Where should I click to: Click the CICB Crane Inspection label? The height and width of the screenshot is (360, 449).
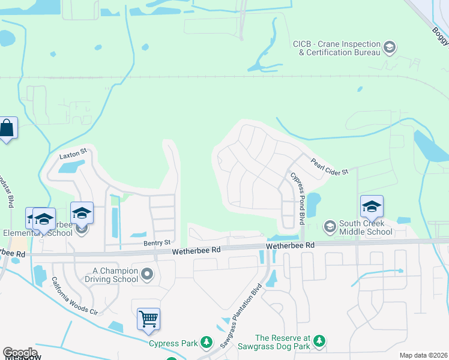click(x=336, y=48)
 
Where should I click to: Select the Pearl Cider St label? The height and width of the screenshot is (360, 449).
click(x=329, y=167)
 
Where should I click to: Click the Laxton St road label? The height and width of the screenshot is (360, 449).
click(x=73, y=155)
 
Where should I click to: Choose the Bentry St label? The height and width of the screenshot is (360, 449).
click(x=158, y=242)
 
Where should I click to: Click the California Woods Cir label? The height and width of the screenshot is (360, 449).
click(x=74, y=296)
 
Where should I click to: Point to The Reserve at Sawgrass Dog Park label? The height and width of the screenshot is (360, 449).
click(x=282, y=341)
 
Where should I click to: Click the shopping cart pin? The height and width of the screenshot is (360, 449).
click(x=148, y=319)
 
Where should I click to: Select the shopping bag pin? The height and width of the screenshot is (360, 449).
click(x=7, y=128)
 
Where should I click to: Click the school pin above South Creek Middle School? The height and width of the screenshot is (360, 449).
click(x=372, y=206)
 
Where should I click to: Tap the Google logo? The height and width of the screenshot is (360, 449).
click(x=19, y=353)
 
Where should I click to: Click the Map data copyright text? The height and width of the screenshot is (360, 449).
click(x=424, y=355)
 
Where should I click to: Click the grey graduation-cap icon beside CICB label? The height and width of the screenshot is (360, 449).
click(x=390, y=47)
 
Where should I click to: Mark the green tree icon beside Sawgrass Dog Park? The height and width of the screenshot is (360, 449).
click(x=320, y=341)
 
